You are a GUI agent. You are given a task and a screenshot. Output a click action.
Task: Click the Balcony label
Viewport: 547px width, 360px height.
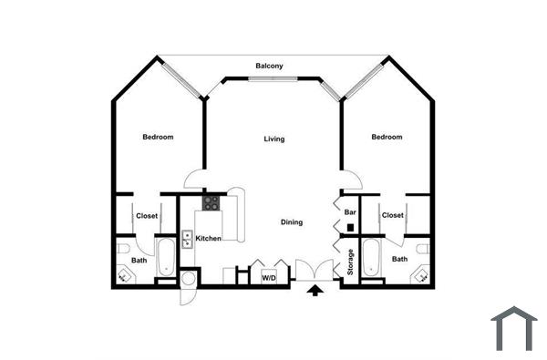269,66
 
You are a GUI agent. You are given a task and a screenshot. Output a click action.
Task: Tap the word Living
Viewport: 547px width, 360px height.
273,139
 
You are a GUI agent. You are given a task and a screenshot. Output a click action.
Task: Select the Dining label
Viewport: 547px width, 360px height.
291,222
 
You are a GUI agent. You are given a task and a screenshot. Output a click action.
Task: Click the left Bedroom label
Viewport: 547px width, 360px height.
158,138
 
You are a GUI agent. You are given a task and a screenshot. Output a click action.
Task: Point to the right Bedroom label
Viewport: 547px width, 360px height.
387,138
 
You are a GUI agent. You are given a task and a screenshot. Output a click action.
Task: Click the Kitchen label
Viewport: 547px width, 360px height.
209,239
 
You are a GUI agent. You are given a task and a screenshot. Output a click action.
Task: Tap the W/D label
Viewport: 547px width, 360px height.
270,276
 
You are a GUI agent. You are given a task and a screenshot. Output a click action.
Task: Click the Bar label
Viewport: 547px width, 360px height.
349,211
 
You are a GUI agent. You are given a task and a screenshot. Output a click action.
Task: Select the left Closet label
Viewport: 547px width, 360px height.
147,216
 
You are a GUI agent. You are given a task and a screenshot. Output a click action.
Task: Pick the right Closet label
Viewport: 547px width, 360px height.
393,216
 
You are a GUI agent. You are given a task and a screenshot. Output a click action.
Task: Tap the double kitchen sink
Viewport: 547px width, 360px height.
188,239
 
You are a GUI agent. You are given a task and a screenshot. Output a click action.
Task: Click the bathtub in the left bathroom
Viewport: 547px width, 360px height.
166,259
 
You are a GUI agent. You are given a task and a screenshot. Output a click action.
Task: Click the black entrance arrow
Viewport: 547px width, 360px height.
316,291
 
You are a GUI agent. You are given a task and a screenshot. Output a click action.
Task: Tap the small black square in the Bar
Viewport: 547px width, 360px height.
350,226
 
